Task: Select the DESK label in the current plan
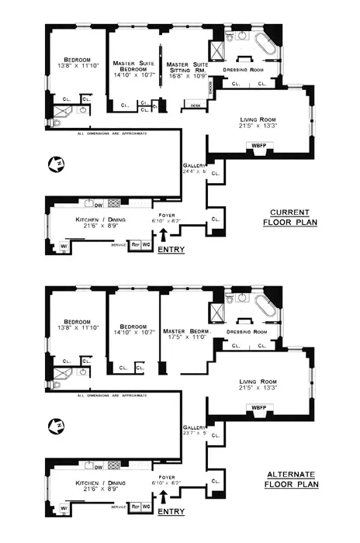(x=195, y=105)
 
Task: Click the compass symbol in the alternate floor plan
(x=55, y=425)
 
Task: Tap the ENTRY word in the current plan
(x=171, y=251)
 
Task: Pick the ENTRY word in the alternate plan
(x=171, y=513)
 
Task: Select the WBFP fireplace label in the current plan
(x=257, y=145)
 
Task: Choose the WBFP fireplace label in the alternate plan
(x=257, y=407)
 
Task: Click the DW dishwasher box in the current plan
(x=99, y=205)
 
